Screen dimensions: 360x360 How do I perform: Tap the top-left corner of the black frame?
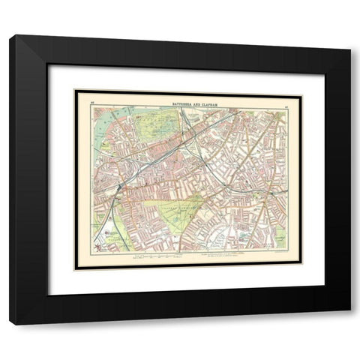10,36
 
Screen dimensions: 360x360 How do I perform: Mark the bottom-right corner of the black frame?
349,323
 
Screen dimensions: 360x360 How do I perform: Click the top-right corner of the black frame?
349,36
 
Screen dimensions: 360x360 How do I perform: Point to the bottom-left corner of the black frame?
10,323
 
